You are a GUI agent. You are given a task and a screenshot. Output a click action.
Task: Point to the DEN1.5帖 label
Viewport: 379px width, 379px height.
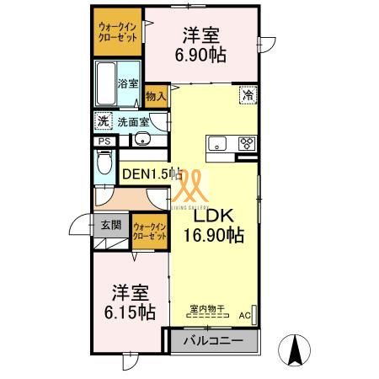(152, 174)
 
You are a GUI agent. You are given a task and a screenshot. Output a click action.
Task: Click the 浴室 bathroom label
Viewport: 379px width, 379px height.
(127, 83)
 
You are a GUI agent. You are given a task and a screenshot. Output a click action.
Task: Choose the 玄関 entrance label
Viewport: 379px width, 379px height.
(111, 225)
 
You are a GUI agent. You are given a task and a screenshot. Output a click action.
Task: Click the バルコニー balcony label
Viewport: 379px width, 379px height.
(214, 342)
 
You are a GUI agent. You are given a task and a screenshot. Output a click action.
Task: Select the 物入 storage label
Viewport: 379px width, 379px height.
(155, 97)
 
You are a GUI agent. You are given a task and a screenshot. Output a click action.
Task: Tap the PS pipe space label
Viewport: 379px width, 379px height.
(104, 142)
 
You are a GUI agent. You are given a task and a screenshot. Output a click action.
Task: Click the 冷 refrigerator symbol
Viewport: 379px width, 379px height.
(248, 95)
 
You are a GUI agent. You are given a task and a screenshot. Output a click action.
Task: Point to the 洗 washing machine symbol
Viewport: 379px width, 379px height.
(103, 121)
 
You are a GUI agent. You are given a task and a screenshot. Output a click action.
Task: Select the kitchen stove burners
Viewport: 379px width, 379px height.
(248, 142)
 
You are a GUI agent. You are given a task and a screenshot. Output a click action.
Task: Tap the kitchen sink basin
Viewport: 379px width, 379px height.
(216, 142)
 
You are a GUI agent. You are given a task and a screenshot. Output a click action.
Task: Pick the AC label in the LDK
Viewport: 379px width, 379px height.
(245, 316)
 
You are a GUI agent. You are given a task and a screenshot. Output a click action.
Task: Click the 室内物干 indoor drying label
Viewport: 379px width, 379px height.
(206, 309)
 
